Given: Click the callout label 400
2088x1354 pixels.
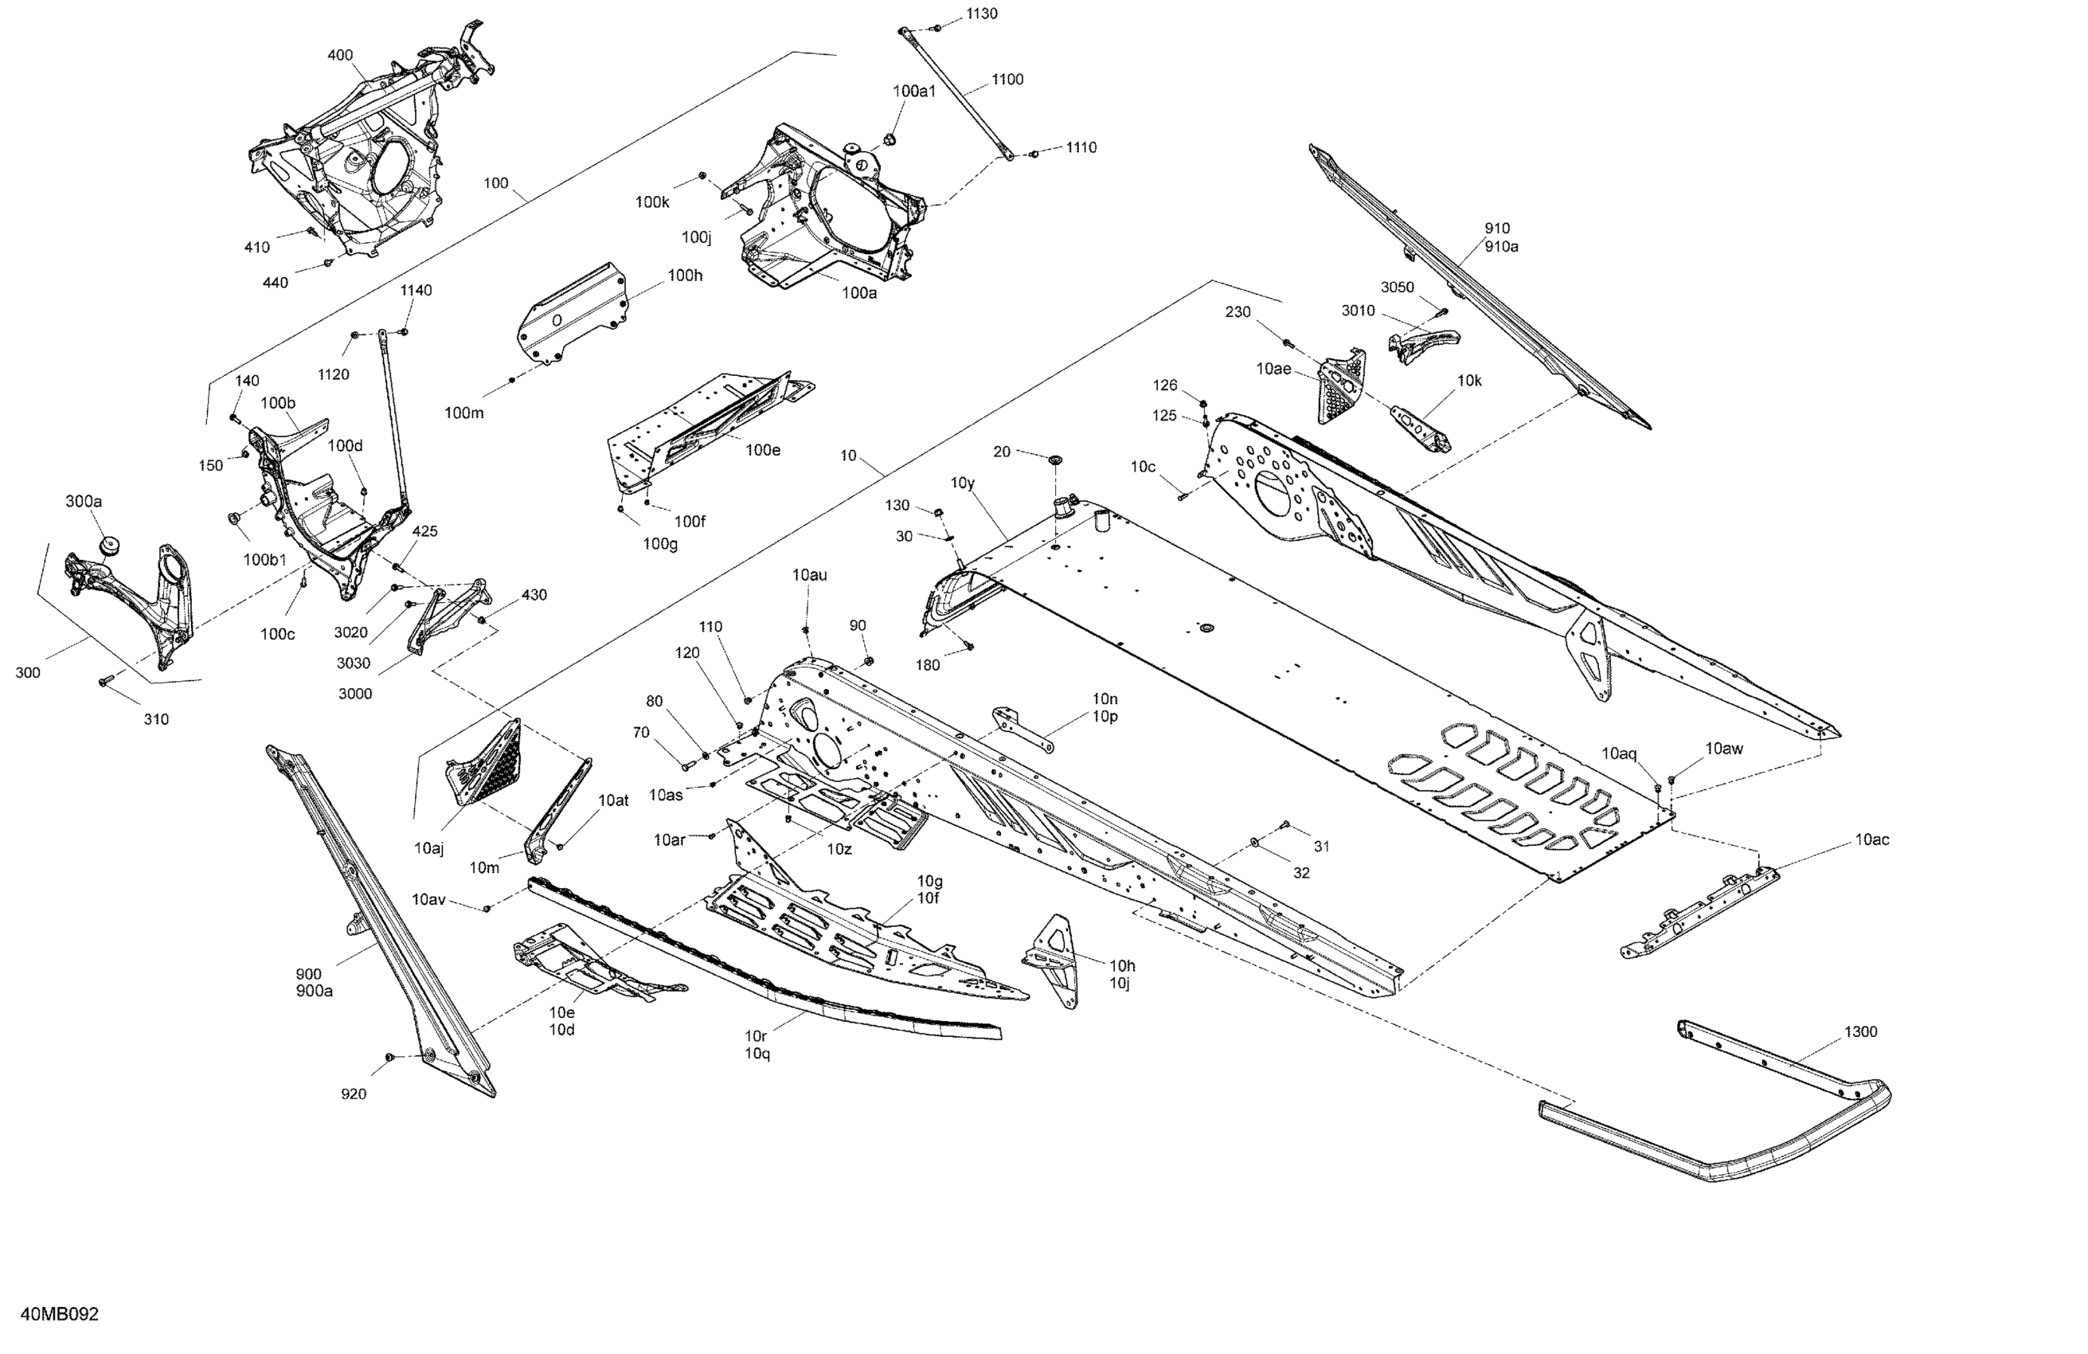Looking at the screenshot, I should (340, 55).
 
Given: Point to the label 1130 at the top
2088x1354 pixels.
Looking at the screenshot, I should (981, 14).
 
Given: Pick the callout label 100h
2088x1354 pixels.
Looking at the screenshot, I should (685, 276).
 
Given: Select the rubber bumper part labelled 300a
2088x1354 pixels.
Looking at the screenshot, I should (110, 546).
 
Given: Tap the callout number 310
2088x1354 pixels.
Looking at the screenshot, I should (156, 719).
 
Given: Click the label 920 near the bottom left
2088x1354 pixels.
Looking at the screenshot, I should (353, 1094).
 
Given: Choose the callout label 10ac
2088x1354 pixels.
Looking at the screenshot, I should (1871, 839).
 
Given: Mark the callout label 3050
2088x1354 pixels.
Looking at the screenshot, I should (1397, 287).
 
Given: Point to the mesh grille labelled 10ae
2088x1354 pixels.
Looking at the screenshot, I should (1343, 385).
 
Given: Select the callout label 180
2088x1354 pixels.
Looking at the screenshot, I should (927, 665).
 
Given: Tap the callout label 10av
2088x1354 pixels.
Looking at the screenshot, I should (428, 899).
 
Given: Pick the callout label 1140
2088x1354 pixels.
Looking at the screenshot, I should (416, 291).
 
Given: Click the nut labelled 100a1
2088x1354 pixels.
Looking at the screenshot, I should (888, 139).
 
